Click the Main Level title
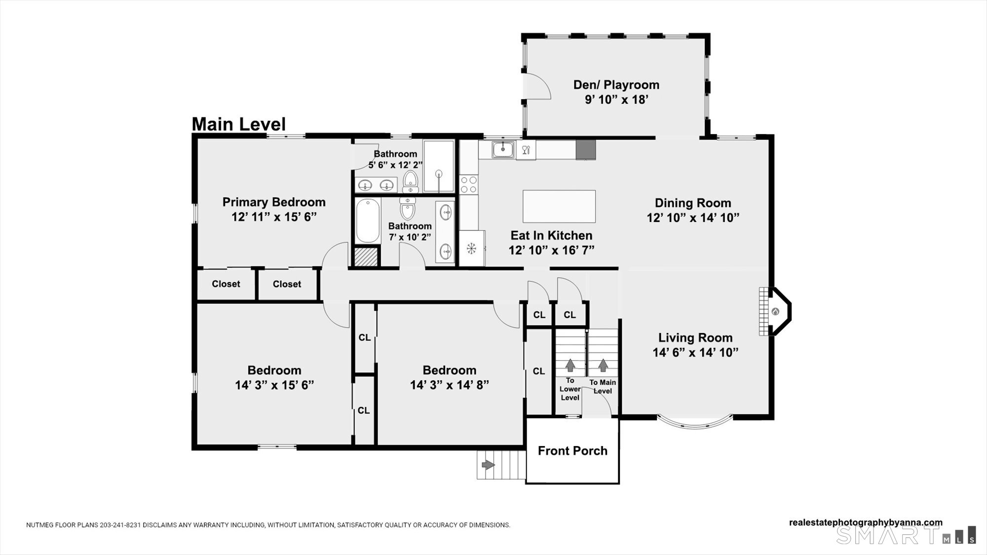tap(238, 124)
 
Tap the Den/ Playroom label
tap(616, 85)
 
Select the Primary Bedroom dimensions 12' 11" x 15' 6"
tap(274, 217)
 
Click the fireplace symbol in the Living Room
tap(775, 312)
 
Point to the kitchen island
tap(559, 206)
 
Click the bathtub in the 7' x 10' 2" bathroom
tap(368, 221)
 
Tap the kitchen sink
tap(503, 149)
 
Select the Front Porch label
tap(572, 451)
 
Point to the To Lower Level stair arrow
tap(570, 365)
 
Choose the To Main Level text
tap(603, 387)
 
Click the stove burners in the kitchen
tap(469, 185)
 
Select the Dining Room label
tap(693, 203)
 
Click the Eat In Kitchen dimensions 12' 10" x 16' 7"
tap(551, 250)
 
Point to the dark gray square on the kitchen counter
tap(586, 150)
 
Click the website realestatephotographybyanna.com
tap(866, 522)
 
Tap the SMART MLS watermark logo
tap(906, 535)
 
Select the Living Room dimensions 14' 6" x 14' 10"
tap(695, 352)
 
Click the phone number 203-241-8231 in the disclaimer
tap(120, 525)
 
